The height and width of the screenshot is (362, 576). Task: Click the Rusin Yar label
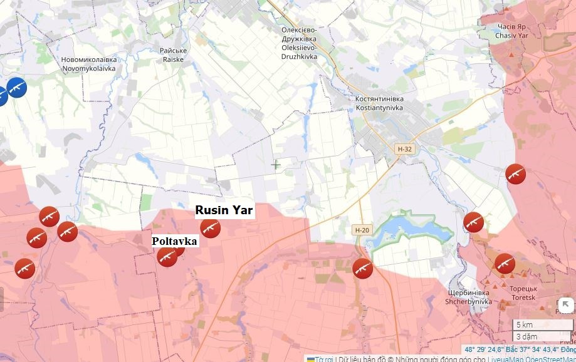[224, 210]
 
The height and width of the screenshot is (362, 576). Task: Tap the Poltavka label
[175, 241]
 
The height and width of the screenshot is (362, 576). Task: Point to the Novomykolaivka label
[88, 64]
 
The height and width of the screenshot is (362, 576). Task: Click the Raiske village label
[173, 55]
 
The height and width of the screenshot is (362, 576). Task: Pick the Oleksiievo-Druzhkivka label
[299, 43]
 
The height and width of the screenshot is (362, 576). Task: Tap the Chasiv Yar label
[511, 32]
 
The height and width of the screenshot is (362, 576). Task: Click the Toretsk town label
[522, 294]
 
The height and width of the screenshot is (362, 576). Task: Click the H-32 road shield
[404, 149]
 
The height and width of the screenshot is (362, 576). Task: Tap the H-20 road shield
[362, 230]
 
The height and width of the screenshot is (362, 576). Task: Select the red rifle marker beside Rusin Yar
[210, 229]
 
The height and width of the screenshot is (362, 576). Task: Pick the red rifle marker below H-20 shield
[362, 268]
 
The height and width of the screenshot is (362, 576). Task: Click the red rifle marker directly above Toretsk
[505, 264]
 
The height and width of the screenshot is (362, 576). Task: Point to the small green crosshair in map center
[275, 165]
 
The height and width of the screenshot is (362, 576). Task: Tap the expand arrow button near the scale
[565, 306]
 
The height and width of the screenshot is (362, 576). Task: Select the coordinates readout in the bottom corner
[519, 349]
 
